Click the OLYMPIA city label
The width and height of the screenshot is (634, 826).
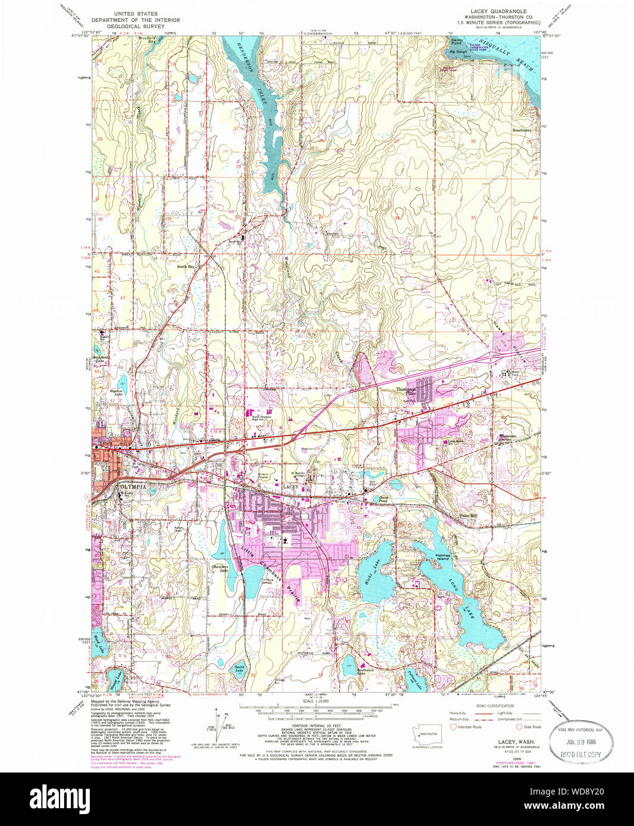tap(133, 486)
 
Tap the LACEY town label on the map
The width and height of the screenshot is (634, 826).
tap(290, 487)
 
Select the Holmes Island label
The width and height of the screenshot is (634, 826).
tap(459, 557)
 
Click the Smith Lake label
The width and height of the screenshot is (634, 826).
tap(238, 669)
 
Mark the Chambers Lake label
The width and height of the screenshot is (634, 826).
tap(219, 568)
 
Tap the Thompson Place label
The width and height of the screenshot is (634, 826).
tap(407, 391)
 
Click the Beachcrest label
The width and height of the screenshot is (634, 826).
tap(521, 130)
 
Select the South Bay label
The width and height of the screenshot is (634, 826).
tap(185, 267)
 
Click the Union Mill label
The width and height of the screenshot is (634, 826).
tap(468, 515)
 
